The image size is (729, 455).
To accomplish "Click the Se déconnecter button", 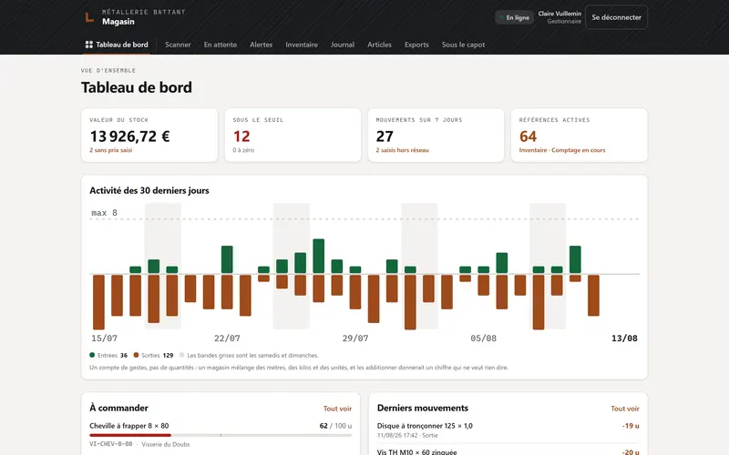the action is pos(616,17).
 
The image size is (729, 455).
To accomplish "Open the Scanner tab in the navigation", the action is pos(178,45).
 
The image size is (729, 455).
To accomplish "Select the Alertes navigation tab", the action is pos(261,45).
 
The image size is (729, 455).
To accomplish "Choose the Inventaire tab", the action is pos(302,45).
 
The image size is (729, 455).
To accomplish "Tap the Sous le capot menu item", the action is pos(463,45).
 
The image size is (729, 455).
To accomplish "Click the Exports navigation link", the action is pos(416,45).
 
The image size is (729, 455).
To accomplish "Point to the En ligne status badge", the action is pos(514,17).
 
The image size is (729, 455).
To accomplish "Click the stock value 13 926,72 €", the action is pos(129,136).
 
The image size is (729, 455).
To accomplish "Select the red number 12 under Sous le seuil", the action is pos(241,136).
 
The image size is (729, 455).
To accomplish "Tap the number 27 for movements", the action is pos(385,136).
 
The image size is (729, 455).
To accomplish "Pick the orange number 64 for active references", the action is pos(528,136).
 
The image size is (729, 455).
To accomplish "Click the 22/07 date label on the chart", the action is pos(227,338).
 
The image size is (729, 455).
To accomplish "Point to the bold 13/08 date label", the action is pos(624,338).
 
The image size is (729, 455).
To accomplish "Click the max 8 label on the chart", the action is pos(104,213).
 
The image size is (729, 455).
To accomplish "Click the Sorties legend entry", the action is pos(153,355).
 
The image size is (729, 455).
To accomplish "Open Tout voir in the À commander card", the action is pos(337,409).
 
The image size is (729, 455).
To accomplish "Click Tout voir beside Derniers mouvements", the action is pos(625,409).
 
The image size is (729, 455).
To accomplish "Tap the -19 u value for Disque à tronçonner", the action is pos(631,426).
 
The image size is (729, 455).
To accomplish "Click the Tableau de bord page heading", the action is pos(136,87).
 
